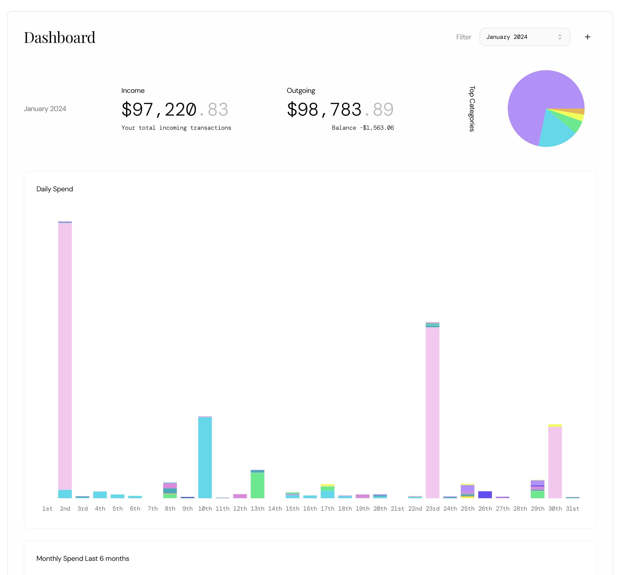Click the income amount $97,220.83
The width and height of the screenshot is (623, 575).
pos(175,110)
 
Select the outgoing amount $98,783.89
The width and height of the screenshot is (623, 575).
pos(340,110)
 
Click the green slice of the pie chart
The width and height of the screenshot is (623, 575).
pos(573,123)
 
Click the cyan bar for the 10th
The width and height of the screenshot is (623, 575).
pos(205,457)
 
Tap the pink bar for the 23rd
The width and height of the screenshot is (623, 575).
pos(433,411)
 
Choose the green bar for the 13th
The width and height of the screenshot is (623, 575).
pos(257,485)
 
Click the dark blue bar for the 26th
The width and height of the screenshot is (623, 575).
pos(485,495)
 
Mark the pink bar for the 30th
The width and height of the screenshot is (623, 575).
pos(555,462)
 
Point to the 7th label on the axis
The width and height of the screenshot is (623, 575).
pos(153,508)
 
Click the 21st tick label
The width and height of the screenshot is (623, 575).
pos(397,508)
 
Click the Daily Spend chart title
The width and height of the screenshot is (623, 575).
pos(55,189)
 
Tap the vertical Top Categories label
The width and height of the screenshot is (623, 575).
pos(472,109)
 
